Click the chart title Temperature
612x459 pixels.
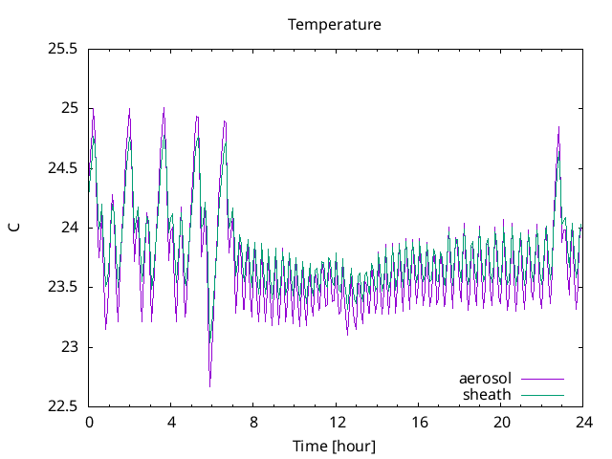coord(335,24)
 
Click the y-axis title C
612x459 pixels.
coord(13,227)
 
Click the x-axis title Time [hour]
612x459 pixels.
coord(335,446)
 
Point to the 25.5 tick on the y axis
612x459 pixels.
coord(62,48)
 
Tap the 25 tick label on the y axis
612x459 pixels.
coord(70,108)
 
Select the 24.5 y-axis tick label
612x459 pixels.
coord(62,167)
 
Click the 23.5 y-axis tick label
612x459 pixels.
coord(62,287)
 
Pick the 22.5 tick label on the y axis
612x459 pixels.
coord(62,406)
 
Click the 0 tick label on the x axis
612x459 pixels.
coord(89,422)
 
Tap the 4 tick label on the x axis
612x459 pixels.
coord(171,422)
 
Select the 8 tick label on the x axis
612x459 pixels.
coord(253,422)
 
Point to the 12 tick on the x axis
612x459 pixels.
coord(337,422)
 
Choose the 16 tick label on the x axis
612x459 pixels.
coord(419,422)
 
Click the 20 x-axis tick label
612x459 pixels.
coord(501,422)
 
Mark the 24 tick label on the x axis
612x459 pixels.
coord(583,422)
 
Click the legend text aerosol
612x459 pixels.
coord(486,378)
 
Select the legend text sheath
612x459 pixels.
coord(488,394)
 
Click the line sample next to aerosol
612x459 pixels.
coord(542,379)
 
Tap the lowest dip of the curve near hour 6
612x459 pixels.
coord(210,385)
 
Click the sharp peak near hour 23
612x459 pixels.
coord(558,127)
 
